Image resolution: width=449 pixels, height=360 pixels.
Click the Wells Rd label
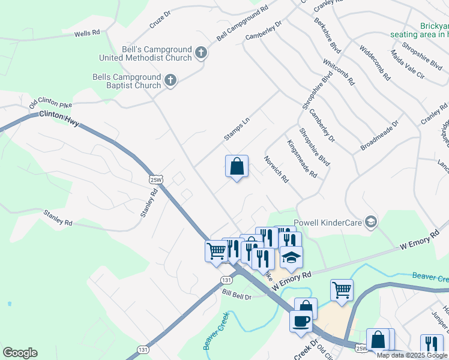87,33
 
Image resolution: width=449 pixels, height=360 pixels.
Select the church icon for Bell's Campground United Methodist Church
201,53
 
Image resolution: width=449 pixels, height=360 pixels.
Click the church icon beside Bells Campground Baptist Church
170,81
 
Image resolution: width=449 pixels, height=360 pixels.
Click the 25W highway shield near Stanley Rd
155,179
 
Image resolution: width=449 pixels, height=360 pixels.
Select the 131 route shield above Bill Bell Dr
226,280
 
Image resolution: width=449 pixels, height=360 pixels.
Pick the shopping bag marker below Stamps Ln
237,166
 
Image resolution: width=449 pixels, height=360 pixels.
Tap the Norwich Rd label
277,170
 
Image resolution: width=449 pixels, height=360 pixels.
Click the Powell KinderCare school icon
371,223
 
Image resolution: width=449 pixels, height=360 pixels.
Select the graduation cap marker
292,257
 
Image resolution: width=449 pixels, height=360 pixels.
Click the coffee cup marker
301,320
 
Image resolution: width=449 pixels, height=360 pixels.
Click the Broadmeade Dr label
379,136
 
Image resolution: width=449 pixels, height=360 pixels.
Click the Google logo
20,353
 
